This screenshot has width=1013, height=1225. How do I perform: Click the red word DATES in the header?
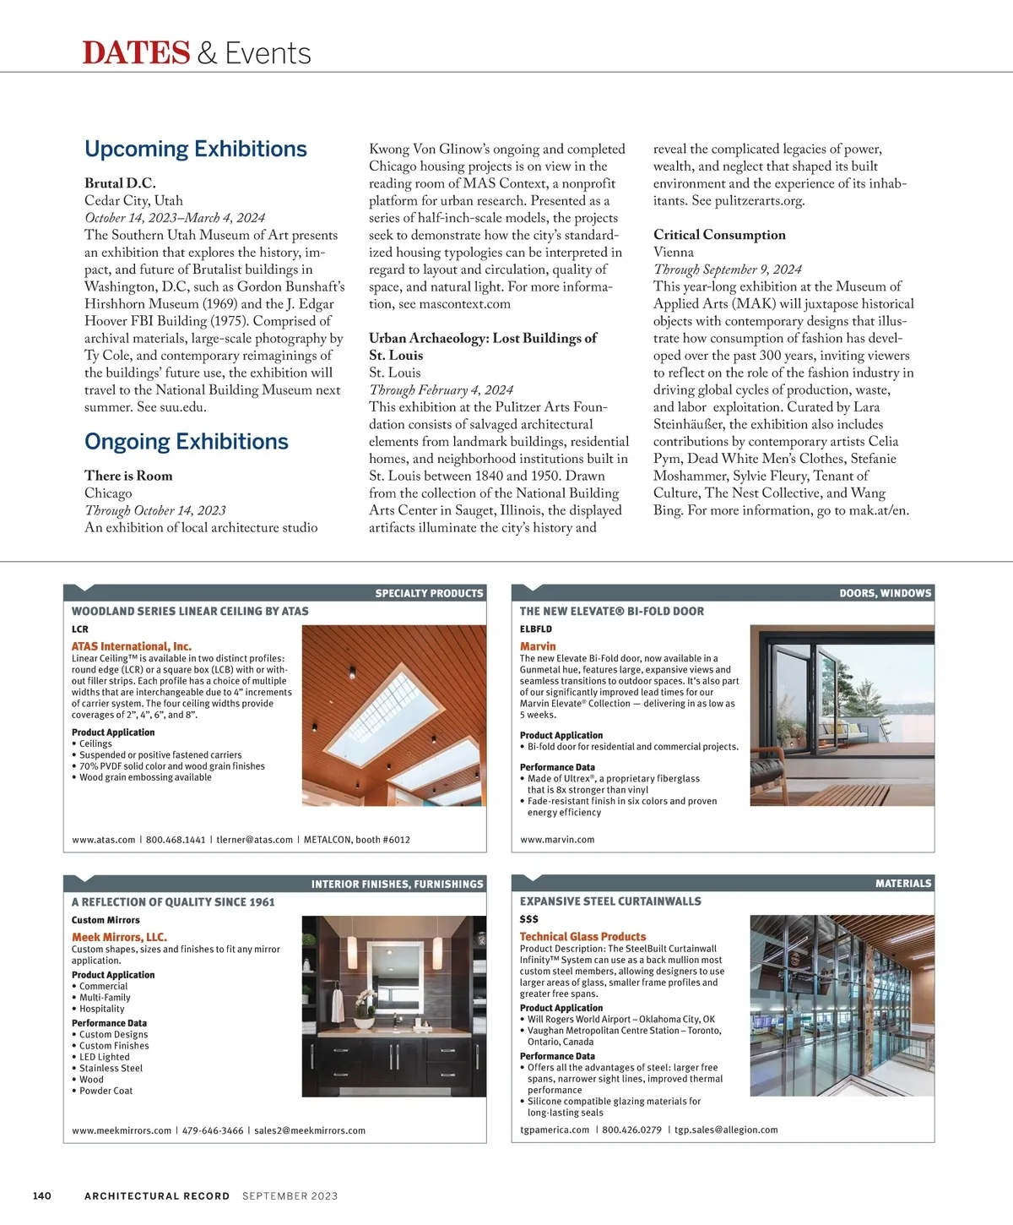pyautogui.click(x=136, y=53)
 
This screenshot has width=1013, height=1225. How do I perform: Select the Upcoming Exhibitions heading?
pyautogui.click(x=196, y=150)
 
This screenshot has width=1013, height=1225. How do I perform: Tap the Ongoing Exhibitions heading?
pyautogui.click(x=187, y=442)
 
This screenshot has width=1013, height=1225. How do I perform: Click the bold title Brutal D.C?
pyautogui.click(x=120, y=183)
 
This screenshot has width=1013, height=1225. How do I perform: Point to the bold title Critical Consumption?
pyautogui.click(x=719, y=235)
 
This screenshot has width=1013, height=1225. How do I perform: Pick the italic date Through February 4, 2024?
pyautogui.click(x=441, y=389)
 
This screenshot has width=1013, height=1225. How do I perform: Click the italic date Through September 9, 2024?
pyautogui.click(x=727, y=269)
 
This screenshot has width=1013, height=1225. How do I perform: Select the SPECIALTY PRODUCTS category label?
pyautogui.click(x=429, y=593)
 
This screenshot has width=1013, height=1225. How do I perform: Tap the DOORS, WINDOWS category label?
pyautogui.click(x=885, y=593)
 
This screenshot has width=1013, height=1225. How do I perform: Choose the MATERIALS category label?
pyautogui.click(x=903, y=884)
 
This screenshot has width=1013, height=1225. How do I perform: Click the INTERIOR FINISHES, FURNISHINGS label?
pyautogui.click(x=397, y=885)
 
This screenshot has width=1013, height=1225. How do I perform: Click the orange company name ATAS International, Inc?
pyautogui.click(x=132, y=646)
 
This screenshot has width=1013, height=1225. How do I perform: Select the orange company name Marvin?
pyautogui.click(x=538, y=646)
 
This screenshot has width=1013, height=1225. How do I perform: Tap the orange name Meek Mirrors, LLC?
pyautogui.click(x=119, y=937)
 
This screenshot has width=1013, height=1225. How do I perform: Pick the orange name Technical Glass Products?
pyautogui.click(x=582, y=937)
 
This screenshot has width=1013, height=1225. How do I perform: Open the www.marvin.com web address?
pyautogui.click(x=557, y=840)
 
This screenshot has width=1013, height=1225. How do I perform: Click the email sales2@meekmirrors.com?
pyautogui.click(x=310, y=1130)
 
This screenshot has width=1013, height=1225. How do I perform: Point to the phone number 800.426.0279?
pyautogui.click(x=631, y=1130)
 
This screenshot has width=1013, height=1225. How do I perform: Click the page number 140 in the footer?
pyautogui.click(x=42, y=1195)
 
